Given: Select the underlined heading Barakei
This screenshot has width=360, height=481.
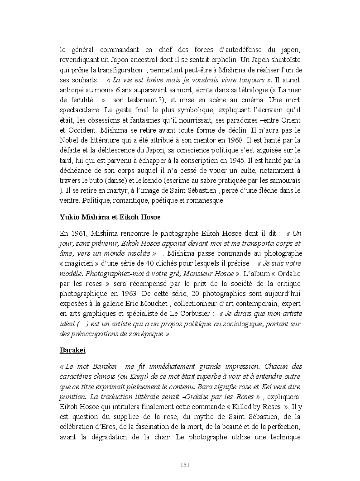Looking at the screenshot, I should point(72,350).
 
